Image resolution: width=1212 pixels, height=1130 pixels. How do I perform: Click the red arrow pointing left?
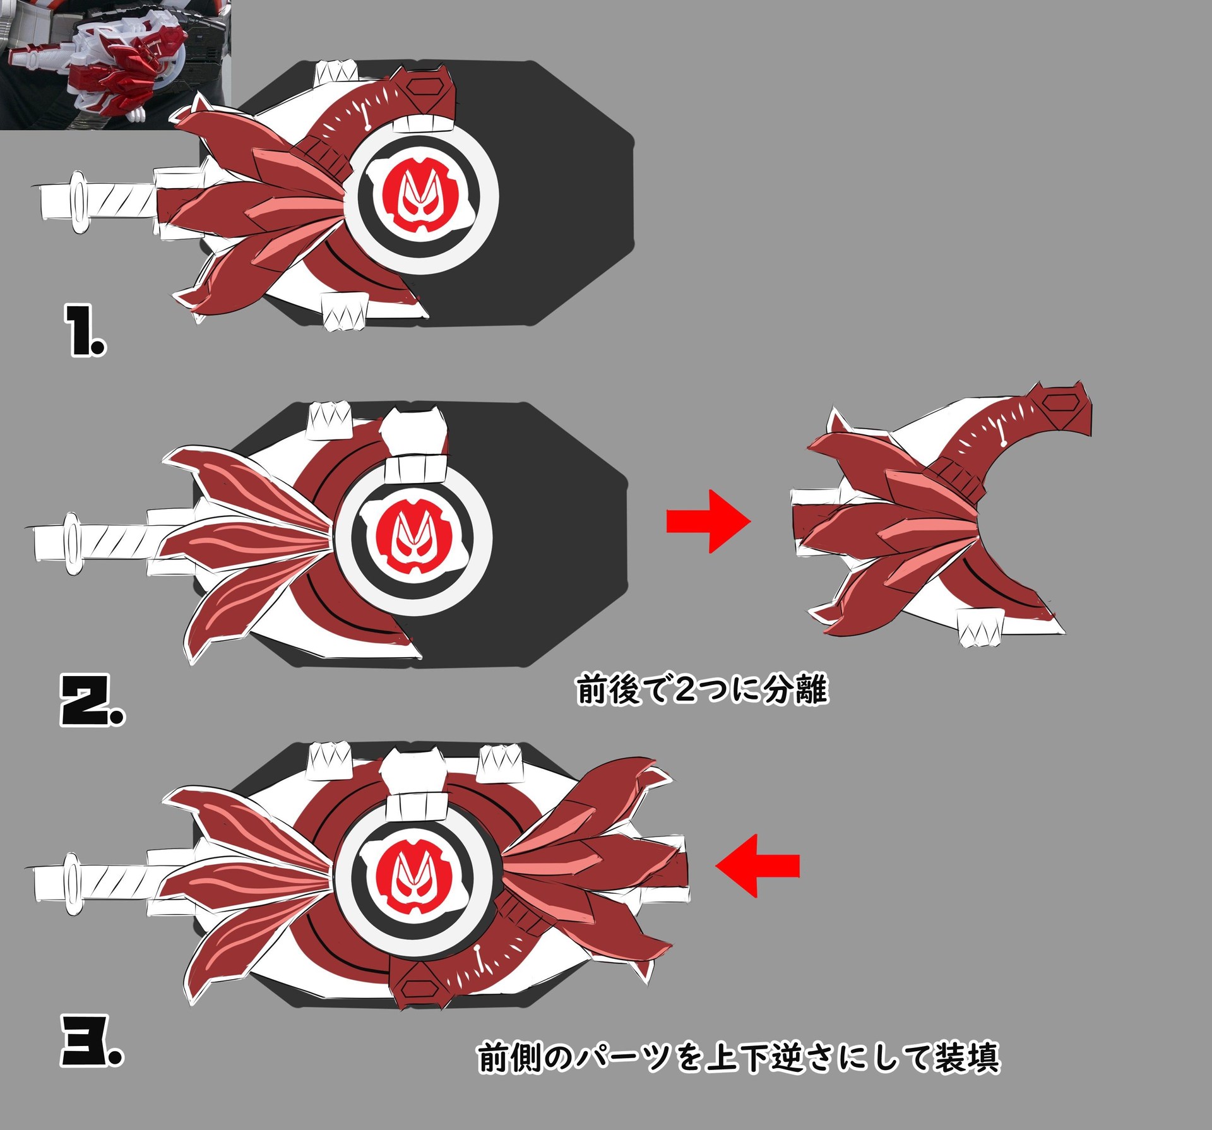pyautogui.click(x=757, y=865)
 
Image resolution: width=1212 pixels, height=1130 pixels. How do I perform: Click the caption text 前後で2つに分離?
pyautogui.click(x=702, y=689)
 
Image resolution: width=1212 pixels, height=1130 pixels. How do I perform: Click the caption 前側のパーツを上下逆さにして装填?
pyautogui.click(x=739, y=1057)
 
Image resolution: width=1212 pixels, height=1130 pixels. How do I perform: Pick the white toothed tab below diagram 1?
pyautogui.click(x=344, y=311)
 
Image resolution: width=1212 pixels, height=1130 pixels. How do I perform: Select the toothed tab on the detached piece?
pyautogui.click(x=980, y=628)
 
